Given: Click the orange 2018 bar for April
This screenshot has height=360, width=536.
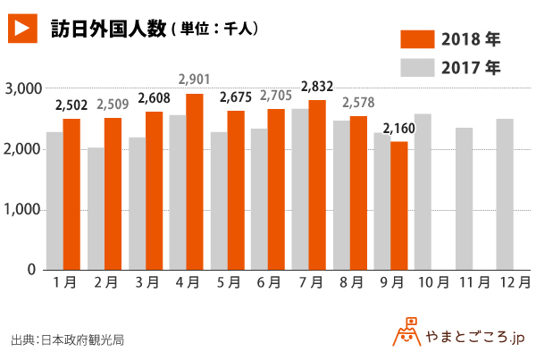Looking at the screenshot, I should click(x=194, y=181).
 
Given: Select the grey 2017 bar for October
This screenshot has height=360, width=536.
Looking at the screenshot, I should click(x=423, y=191).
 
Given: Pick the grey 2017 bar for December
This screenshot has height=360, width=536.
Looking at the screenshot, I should click(x=506, y=194).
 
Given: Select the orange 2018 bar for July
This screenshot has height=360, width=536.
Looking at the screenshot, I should click(x=317, y=185).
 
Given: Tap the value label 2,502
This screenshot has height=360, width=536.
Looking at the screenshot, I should click(x=71, y=106).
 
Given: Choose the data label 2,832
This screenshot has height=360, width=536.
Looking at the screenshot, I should click(x=317, y=87).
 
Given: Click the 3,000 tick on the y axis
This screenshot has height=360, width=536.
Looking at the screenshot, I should click(x=20, y=88).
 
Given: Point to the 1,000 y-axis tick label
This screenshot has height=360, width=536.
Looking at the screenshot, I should click(x=20, y=209).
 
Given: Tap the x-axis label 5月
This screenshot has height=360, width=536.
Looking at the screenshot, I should click(x=227, y=282).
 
